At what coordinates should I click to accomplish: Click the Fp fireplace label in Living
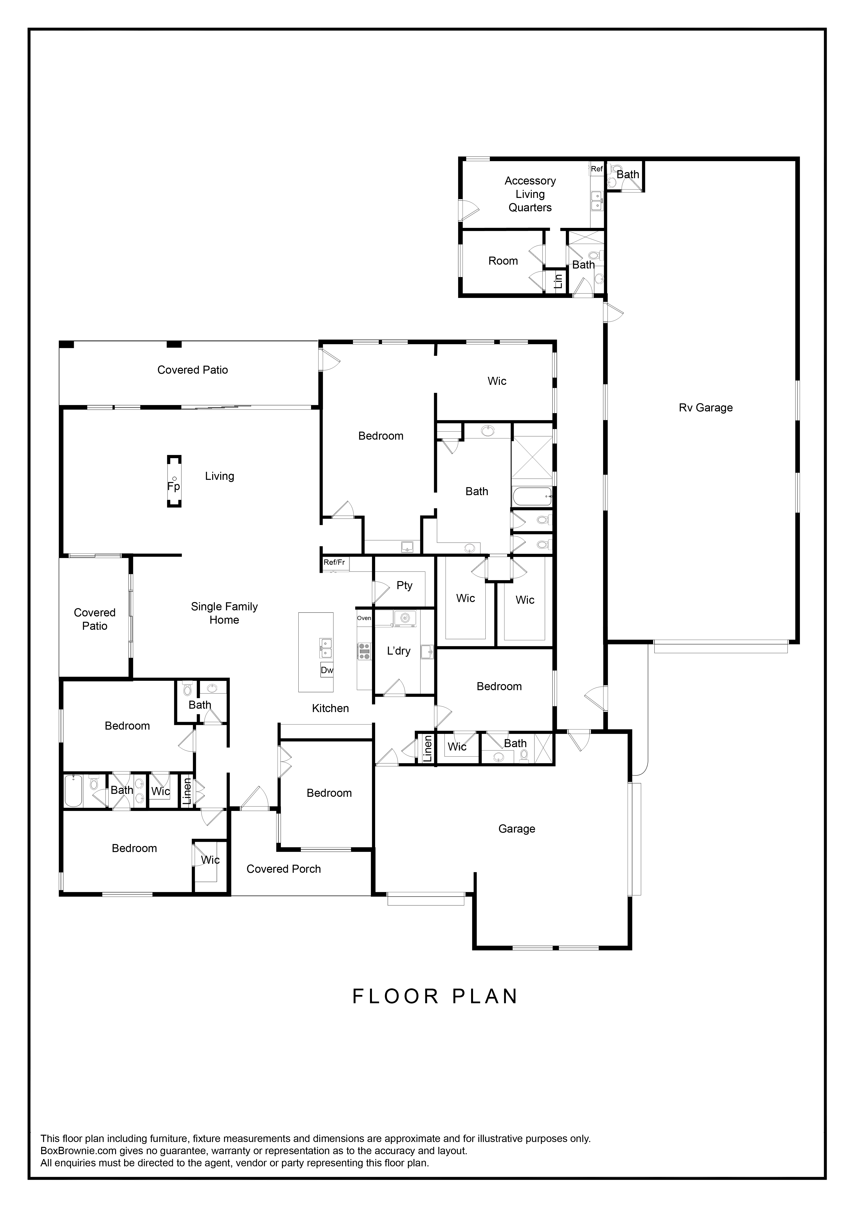tap(173, 486)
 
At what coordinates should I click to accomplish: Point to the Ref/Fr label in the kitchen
tap(334, 562)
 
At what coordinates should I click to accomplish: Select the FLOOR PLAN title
tap(435, 996)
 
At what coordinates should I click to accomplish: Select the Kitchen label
tap(330, 708)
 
